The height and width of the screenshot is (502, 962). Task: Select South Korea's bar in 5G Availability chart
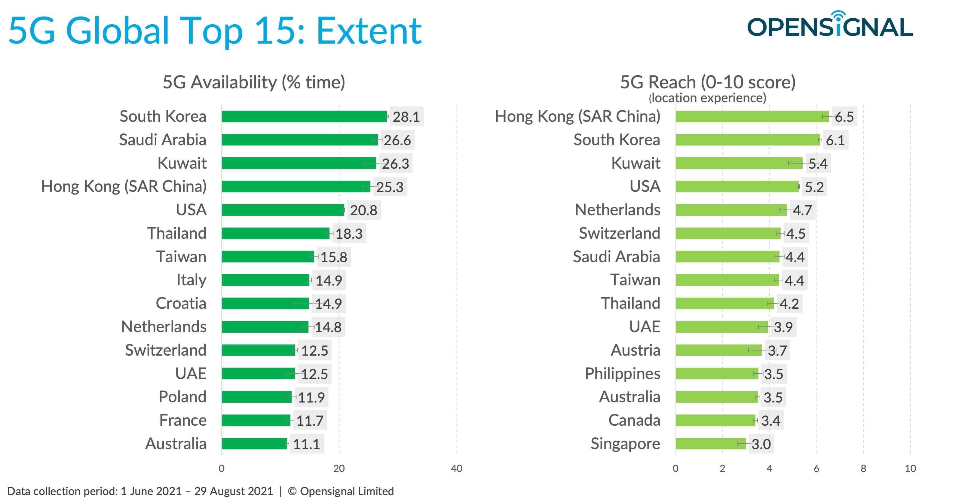304,117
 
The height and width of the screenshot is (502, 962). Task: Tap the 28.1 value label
406,117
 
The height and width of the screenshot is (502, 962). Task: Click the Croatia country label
181,303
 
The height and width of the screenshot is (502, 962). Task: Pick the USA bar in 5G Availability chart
283,210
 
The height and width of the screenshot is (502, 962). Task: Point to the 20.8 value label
363,210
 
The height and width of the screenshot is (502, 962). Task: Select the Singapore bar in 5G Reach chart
710,444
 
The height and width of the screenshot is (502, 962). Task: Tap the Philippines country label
622,374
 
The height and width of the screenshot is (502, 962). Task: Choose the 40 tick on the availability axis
456,468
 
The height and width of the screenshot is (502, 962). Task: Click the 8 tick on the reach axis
863,468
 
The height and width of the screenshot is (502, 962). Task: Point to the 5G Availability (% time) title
254,82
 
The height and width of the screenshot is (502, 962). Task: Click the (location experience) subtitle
707,98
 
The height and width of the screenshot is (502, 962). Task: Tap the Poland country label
182,397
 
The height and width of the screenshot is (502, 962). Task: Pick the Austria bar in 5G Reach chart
718,350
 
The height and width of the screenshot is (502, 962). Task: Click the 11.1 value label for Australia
306,444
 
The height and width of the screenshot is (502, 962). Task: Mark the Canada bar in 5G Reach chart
715,420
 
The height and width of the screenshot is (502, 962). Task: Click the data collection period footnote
201,491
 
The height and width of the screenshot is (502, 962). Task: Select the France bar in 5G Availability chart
256,420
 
